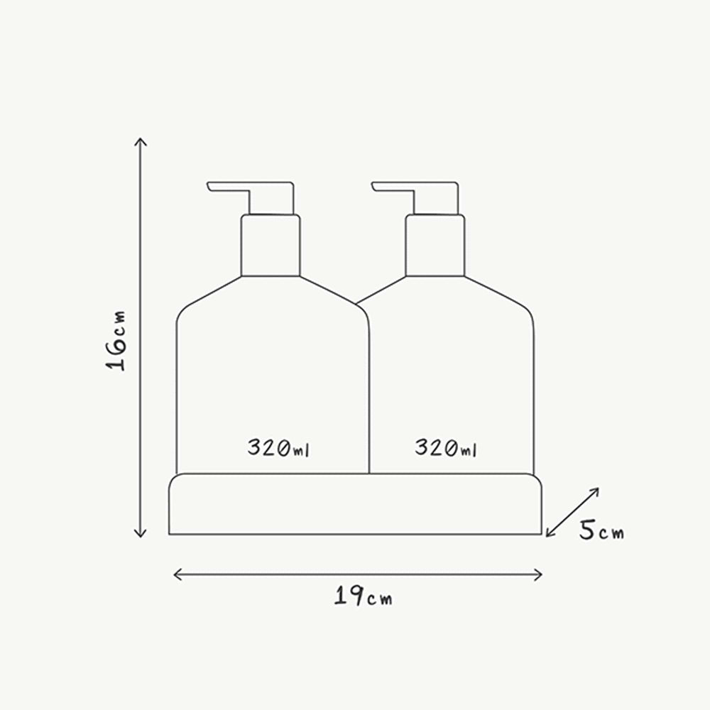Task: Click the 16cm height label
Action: point(116,341)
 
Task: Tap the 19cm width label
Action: point(363,596)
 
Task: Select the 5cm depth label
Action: point(601,530)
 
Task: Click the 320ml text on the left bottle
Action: point(278,447)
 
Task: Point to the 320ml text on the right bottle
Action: point(446,447)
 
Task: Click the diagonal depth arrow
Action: point(572,513)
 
